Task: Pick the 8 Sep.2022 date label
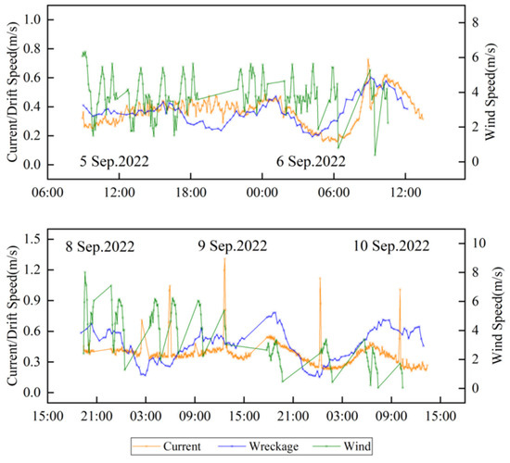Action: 100,247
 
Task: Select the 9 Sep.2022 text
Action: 233,247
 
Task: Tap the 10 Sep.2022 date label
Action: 391,247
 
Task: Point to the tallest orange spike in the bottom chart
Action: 224,260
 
